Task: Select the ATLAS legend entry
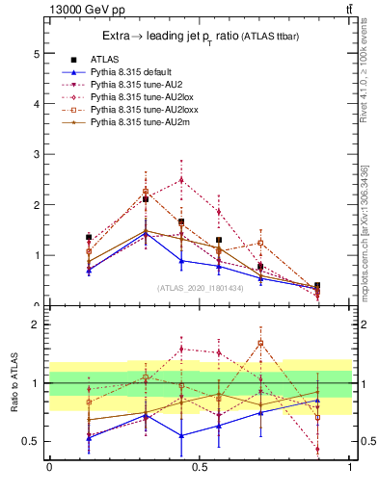(x=102, y=59)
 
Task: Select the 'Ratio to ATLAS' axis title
(x=15, y=383)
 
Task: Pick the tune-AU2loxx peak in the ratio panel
(x=260, y=343)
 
